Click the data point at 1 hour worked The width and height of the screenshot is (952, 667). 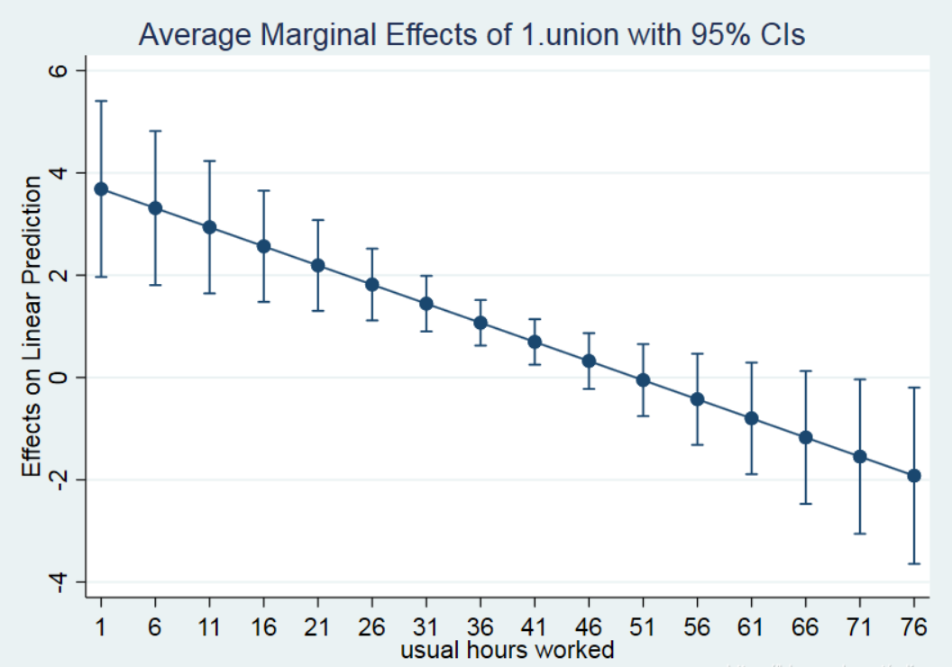tap(101, 188)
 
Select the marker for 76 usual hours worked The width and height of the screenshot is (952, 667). tap(913, 475)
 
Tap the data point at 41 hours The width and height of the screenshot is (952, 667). tap(535, 342)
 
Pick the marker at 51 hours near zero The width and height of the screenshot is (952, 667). tap(643, 379)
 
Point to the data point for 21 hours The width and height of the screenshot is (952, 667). tap(318, 265)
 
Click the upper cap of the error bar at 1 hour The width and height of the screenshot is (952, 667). tap(101, 101)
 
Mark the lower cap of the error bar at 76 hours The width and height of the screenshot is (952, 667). tap(913, 563)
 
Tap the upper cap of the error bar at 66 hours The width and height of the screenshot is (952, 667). tap(805, 370)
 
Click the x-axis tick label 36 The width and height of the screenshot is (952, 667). tap(481, 627)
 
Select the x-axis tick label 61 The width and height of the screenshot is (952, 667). tap(751, 627)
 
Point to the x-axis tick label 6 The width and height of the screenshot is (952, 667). tap(155, 627)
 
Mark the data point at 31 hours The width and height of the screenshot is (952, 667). tap(426, 303)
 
